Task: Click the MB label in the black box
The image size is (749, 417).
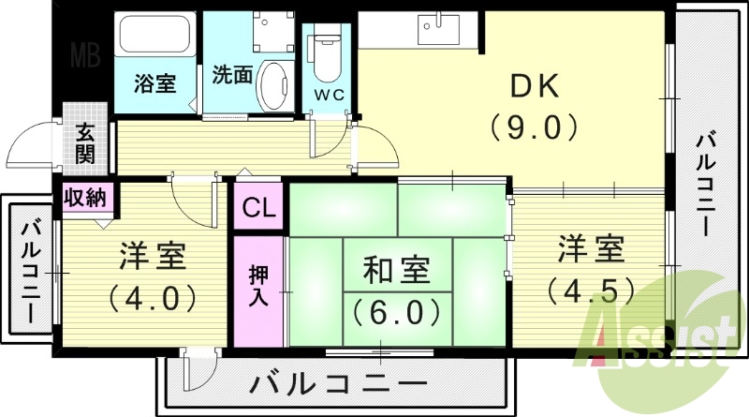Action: click(x=88, y=55)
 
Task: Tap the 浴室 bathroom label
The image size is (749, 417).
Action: click(x=154, y=83)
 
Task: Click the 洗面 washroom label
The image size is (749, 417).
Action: click(x=230, y=74)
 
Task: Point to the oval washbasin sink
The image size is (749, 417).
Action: click(x=272, y=85)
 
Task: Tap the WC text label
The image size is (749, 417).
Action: click(x=328, y=96)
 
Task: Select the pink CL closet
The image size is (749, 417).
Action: click(x=258, y=209)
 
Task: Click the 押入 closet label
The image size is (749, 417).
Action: click(x=258, y=287)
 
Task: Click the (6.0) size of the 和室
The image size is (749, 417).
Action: click(x=396, y=308)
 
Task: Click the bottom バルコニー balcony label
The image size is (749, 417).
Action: click(x=340, y=383)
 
